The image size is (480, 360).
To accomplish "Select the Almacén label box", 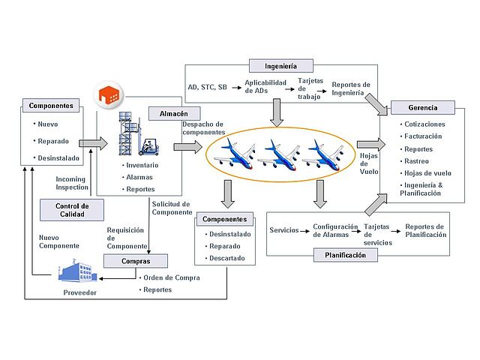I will click(172, 113).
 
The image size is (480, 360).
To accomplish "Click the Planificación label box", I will click(346, 255).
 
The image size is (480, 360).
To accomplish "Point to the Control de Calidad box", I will click(73, 210).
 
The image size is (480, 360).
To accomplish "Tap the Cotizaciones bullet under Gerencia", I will click(424, 124).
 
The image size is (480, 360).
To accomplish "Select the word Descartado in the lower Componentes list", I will click(230, 258).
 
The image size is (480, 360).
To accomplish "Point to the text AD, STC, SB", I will click(207, 87).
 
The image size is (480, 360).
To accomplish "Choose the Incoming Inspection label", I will click(72, 183).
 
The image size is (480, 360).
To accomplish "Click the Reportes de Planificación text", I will click(425, 230).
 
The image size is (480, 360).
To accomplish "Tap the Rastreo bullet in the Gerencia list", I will click(417, 161).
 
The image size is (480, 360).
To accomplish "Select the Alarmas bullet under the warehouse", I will click(140, 177).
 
